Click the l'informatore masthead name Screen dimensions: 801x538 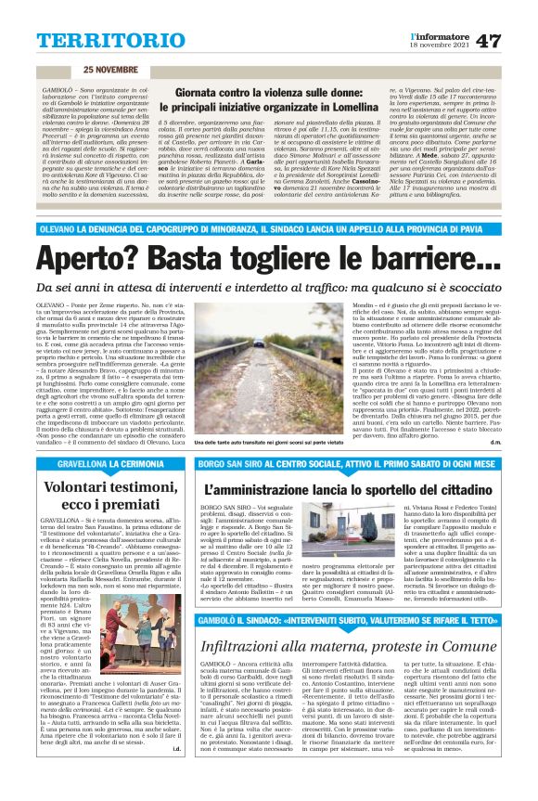click(437, 34)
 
